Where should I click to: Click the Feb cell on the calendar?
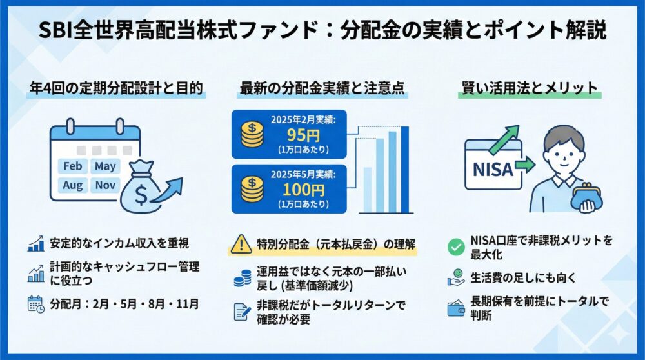73,166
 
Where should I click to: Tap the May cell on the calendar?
104,166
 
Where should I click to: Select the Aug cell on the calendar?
73,185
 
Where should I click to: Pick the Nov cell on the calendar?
104,185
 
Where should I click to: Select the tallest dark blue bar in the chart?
405,169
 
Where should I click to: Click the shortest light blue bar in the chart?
368,190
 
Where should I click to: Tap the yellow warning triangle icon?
241,243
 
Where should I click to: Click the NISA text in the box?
493,170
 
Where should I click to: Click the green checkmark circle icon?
456,246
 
